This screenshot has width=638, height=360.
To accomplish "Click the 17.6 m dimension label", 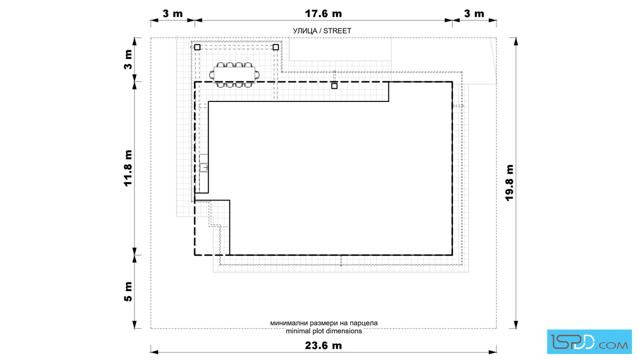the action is point(324,14).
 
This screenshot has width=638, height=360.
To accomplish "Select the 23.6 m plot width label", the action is point(324,345).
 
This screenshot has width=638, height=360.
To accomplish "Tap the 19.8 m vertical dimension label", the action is point(509,183).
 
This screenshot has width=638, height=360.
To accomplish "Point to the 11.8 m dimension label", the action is point(128,168).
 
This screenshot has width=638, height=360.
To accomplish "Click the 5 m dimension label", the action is point(128,292).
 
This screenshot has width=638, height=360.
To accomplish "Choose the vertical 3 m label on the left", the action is point(128,60).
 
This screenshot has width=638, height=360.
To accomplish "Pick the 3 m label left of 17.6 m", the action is point(173,14).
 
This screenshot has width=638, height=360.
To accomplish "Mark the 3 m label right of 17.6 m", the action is point(475,14).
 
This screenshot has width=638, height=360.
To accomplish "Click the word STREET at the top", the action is point(337,31).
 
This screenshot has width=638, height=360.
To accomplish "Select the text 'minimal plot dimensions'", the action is point(324,331).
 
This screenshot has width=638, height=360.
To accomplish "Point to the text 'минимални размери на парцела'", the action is point(324,323).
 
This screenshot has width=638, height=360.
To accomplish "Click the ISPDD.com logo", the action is point(589,342).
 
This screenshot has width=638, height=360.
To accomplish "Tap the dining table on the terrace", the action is point(234,75).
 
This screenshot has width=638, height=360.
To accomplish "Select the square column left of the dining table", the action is point(197,47).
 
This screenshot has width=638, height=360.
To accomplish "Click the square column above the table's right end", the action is point(276,47).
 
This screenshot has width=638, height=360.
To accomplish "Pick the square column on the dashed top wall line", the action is point(334,86).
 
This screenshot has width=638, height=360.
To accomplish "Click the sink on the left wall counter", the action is point(204,167).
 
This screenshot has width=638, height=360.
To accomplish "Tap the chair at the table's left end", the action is point(211,75).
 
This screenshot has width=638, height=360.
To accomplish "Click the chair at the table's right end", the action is point(257,75).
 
